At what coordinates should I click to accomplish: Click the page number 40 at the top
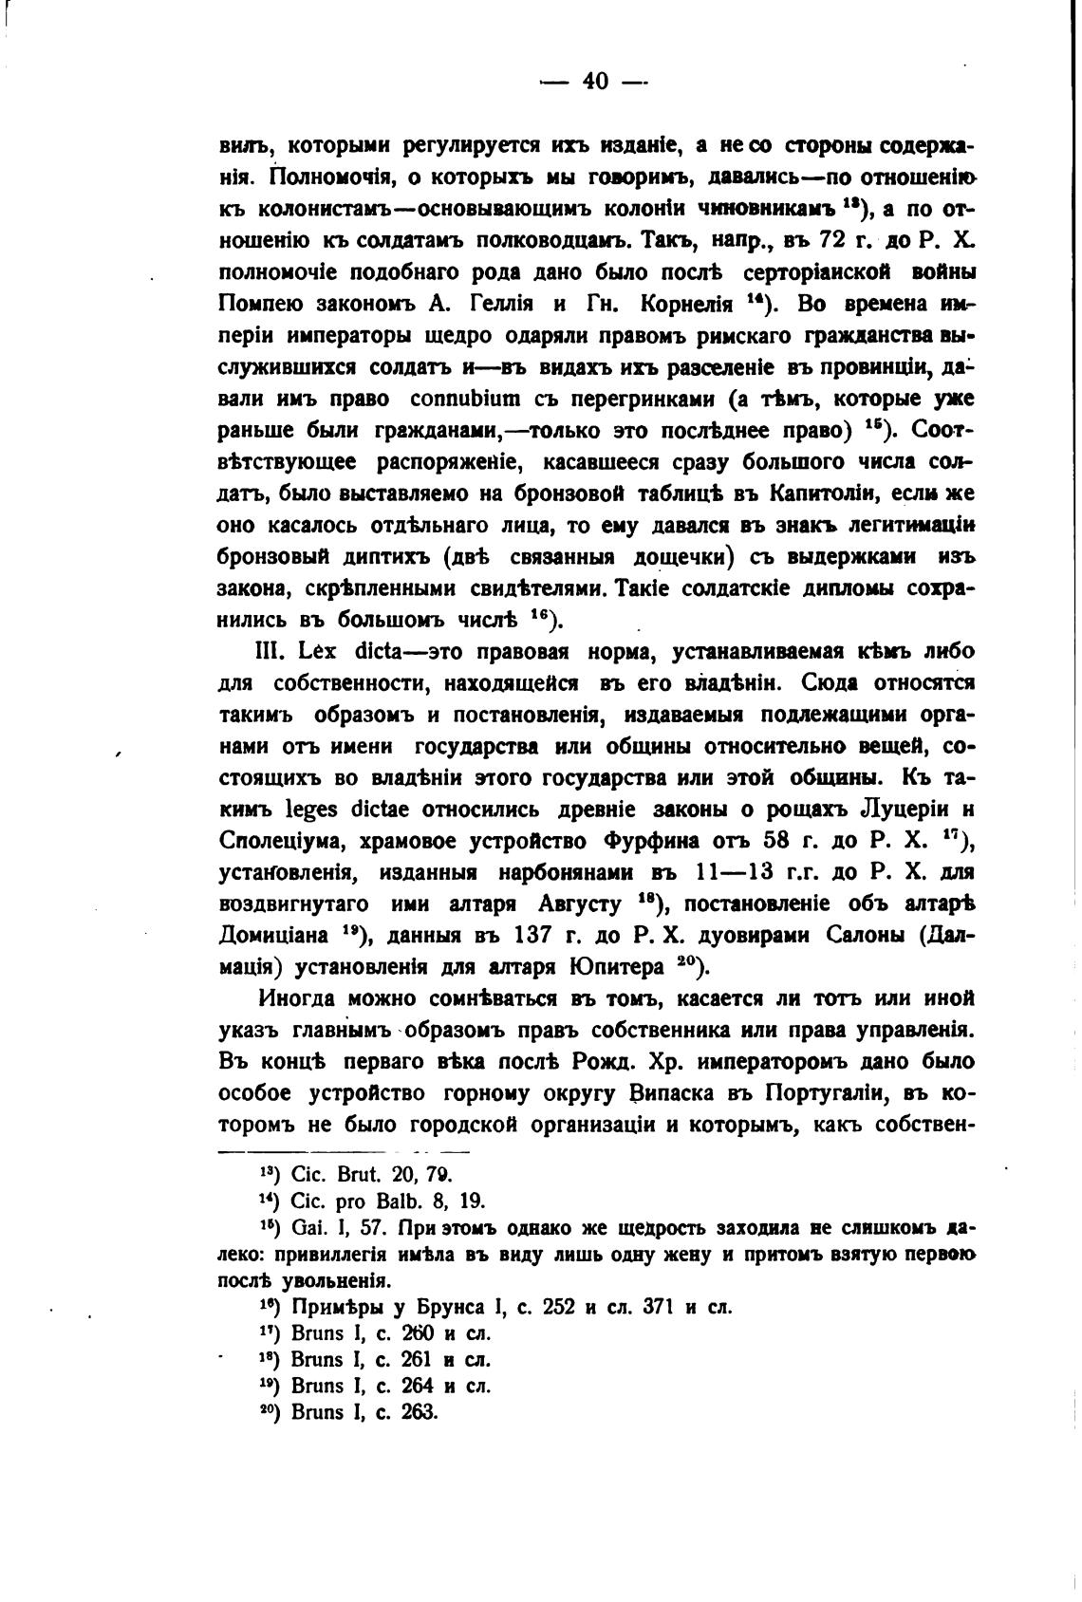594,82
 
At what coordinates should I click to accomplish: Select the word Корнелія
689,305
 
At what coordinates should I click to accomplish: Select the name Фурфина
651,841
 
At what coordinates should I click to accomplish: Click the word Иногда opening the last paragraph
296,998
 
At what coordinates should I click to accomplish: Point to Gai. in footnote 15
309,1227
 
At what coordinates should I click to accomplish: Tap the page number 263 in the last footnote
415,1411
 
